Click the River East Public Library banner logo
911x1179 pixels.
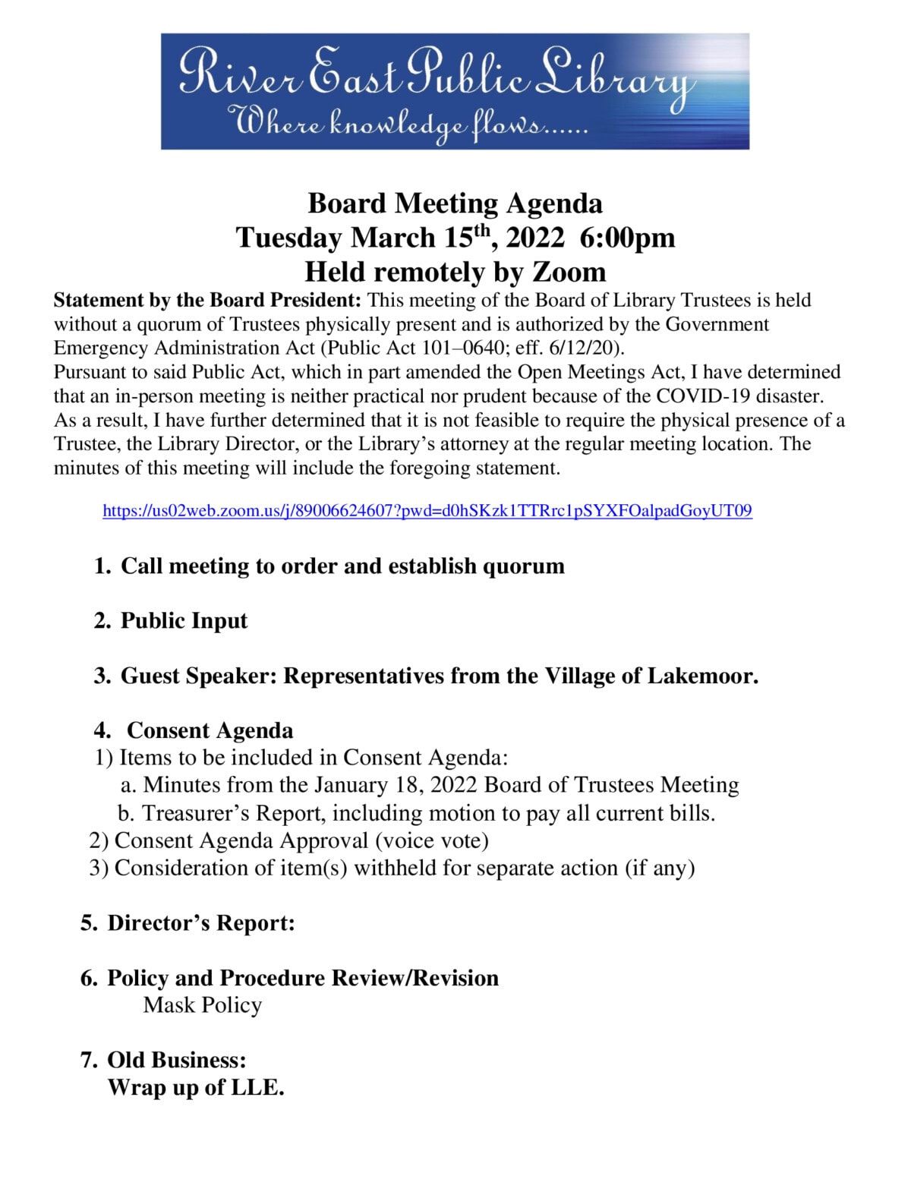click(x=455, y=91)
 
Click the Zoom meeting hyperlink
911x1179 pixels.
click(x=427, y=511)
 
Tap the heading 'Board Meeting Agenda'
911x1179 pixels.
click(x=455, y=203)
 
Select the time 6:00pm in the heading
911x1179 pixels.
click(x=626, y=238)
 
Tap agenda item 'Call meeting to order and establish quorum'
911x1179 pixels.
click(x=342, y=566)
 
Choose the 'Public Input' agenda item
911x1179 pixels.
click(x=184, y=621)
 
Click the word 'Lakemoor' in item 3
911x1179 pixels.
click(x=701, y=676)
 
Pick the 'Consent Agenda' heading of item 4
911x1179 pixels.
click(x=210, y=730)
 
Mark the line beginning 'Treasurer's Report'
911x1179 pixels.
click(x=417, y=813)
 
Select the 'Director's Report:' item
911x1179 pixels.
click(x=200, y=923)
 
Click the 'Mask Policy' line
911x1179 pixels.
click(x=203, y=1005)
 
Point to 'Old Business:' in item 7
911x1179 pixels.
click(x=177, y=1060)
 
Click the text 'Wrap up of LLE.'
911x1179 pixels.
click(x=196, y=1087)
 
